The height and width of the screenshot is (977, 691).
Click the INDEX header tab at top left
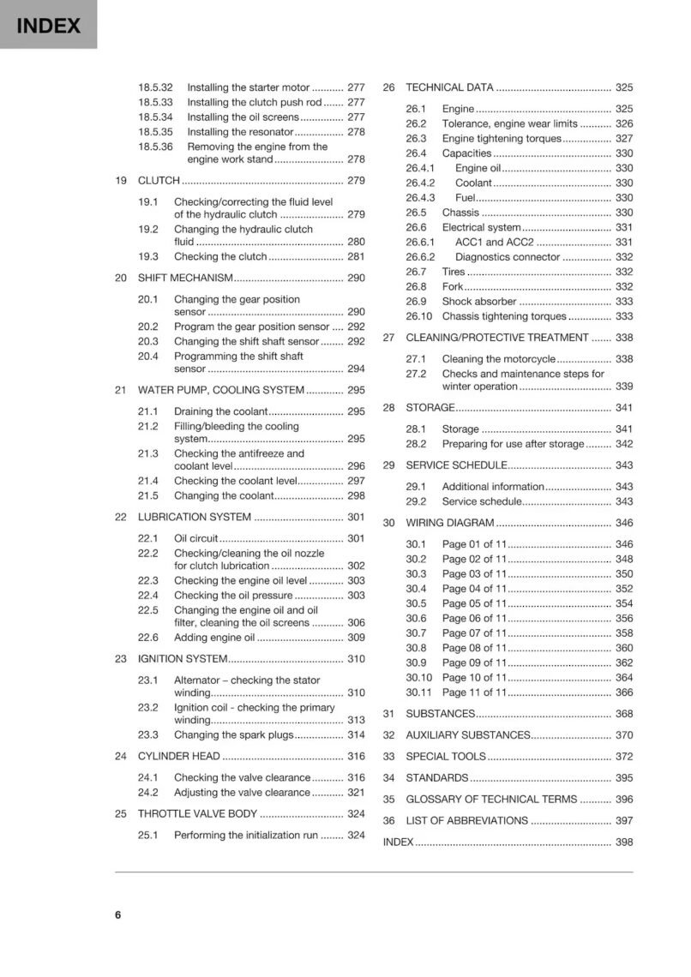pyautogui.click(x=48, y=26)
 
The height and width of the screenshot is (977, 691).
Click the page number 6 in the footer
pyautogui.click(x=118, y=914)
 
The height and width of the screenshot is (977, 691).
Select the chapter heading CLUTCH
pyautogui.click(x=159, y=181)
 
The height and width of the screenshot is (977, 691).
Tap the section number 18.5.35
pyautogui.click(x=155, y=132)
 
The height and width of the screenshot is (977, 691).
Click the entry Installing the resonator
pyautogui.click(x=240, y=132)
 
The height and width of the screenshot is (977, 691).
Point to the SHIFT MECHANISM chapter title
pyautogui.click(x=185, y=278)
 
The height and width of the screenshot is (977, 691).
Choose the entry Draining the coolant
pyautogui.click(x=221, y=411)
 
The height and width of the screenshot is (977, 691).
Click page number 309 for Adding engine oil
pyautogui.click(x=356, y=638)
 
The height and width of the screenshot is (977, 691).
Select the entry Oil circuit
pyautogui.click(x=196, y=538)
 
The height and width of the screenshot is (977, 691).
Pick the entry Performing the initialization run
pyautogui.click(x=245, y=835)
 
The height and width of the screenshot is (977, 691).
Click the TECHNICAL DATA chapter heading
pyautogui.click(x=449, y=87)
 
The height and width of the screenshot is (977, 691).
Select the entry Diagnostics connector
pyautogui.click(x=508, y=257)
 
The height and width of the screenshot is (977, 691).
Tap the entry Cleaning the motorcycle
pyautogui.click(x=498, y=359)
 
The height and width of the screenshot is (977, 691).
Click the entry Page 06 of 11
pyautogui.click(x=474, y=618)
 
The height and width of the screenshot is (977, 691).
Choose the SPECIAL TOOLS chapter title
pyautogui.click(x=445, y=756)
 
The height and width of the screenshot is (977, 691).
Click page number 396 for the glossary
pyautogui.click(x=624, y=799)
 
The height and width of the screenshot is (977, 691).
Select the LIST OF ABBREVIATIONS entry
pyautogui.click(x=466, y=820)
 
